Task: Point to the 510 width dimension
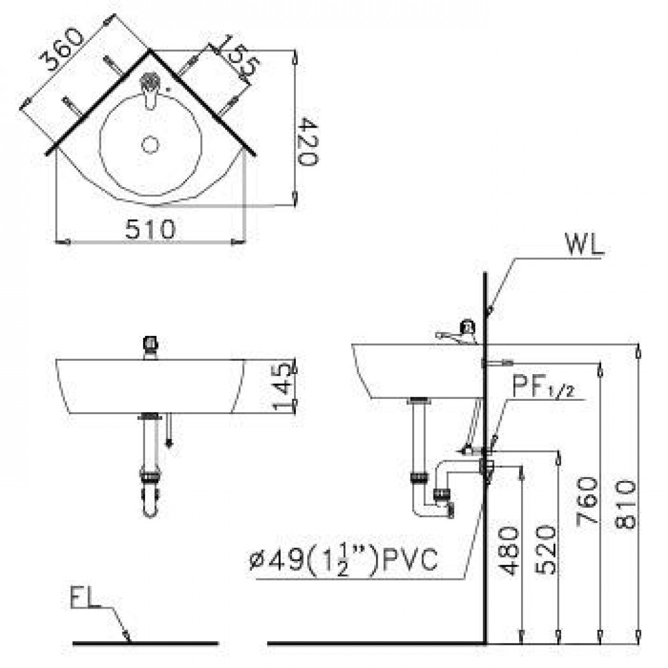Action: (x=150, y=229)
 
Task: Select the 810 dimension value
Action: (x=626, y=501)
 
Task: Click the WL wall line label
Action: (x=584, y=244)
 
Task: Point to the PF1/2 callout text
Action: (x=542, y=388)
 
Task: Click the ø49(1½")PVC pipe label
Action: (x=345, y=560)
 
